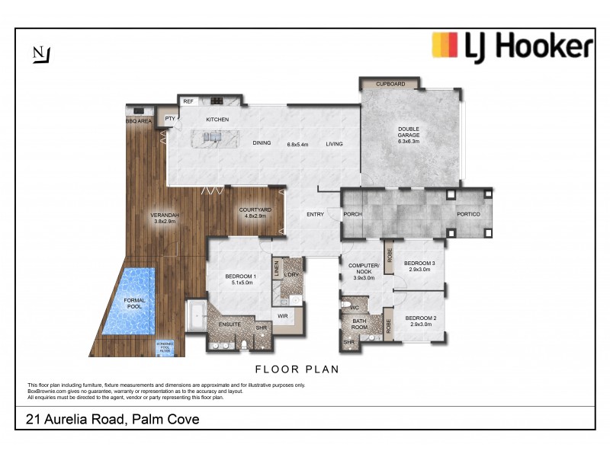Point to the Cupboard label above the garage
coord(390,84)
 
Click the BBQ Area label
coord(139,120)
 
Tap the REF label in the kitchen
coord(188,101)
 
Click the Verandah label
coord(165,219)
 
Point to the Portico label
coord(468,214)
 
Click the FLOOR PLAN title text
coord(297,369)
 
